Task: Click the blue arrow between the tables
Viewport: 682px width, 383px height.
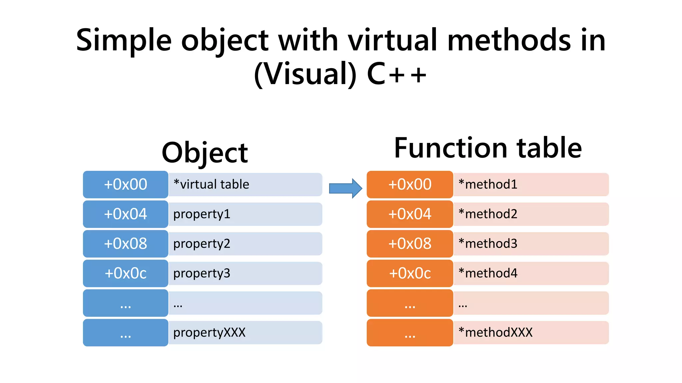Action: click(345, 188)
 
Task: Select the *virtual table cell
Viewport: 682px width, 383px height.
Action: click(245, 185)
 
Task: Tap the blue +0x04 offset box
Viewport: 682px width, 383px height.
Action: click(126, 214)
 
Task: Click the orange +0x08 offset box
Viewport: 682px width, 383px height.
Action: click(410, 244)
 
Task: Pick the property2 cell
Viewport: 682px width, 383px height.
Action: click(245, 244)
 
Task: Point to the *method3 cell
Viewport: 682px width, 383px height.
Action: click(531, 244)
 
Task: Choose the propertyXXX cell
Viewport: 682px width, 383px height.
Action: click(245, 332)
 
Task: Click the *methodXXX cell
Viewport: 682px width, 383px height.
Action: click(531, 332)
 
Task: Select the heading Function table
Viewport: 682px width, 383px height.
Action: click(488, 148)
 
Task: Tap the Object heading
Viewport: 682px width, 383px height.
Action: click(204, 153)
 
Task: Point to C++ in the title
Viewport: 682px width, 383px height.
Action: click(396, 74)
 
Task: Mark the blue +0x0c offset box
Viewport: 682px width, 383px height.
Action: click(126, 273)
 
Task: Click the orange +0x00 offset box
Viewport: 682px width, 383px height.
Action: click(410, 185)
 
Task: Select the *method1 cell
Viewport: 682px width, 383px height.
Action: click(531, 185)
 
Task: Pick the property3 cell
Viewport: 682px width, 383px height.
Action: click(245, 273)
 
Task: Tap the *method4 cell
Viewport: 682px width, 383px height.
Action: click(531, 273)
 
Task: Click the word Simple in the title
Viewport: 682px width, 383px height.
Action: click(124, 41)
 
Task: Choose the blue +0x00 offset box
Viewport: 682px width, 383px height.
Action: click(126, 185)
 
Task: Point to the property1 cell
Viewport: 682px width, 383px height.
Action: click(245, 214)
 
